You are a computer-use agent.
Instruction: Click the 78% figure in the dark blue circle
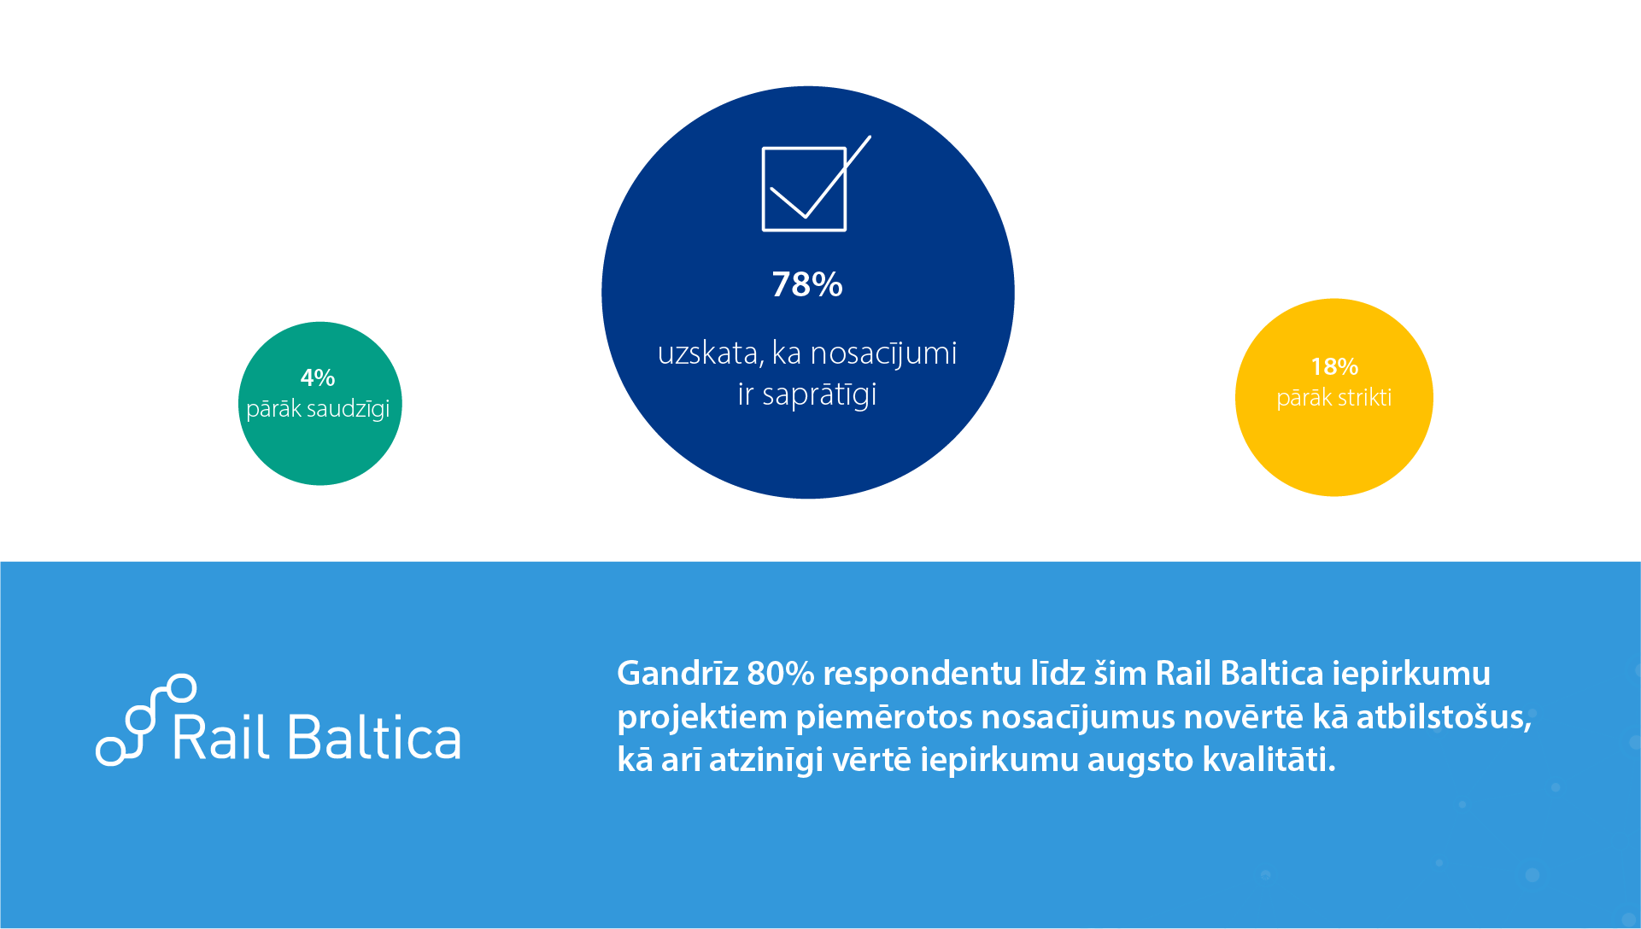[x=807, y=284]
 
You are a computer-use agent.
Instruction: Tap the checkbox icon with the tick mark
[x=805, y=190]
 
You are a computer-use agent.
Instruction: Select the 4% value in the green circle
[x=318, y=377]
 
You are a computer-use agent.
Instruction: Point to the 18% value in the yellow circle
[x=1334, y=366]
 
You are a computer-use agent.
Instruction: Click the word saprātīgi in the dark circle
[x=819, y=395]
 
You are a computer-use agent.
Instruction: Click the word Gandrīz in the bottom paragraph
[x=677, y=674]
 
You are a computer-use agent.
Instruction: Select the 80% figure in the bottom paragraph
[x=780, y=674]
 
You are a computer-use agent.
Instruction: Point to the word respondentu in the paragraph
[x=922, y=675]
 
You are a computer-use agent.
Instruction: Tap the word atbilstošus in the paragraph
[x=1445, y=717]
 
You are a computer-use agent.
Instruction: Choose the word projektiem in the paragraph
[x=702, y=718]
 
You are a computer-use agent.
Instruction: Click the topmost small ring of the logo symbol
[x=181, y=688]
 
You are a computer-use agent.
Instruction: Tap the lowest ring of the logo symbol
[x=110, y=751]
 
